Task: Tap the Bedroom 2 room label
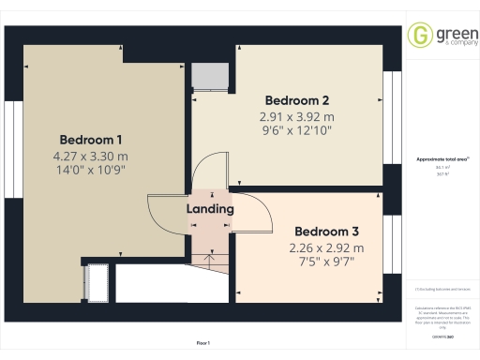(296, 100)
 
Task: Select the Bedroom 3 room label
(325, 232)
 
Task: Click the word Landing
(210, 209)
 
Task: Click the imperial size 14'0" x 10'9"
(91, 170)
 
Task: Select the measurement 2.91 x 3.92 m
(296, 117)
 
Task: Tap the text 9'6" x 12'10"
(296, 132)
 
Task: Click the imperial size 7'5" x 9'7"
(325, 262)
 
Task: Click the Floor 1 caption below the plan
(202, 344)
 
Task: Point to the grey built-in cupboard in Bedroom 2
(211, 75)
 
